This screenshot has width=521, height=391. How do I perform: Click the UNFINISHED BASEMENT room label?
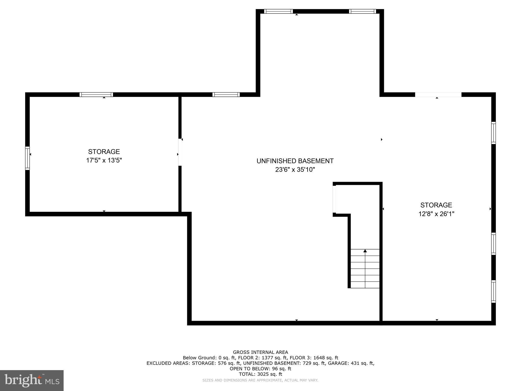pos(295,161)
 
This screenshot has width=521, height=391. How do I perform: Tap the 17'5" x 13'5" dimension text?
pos(104,160)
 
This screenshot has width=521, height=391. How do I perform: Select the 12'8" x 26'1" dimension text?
pos(436,214)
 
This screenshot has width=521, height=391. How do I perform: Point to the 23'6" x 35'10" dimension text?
pos(295,170)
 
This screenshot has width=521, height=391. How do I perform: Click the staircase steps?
pos(365,269)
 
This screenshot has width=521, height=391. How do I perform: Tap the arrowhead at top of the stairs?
pos(365,251)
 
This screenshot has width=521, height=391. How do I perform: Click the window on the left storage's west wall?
pos(27,158)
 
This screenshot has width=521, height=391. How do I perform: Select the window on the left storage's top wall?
pos(96,94)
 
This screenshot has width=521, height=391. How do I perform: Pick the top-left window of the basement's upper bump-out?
pos(278,11)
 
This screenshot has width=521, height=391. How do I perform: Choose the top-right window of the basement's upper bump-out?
pos(363,11)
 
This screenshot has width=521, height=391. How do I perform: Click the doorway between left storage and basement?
pos(180,152)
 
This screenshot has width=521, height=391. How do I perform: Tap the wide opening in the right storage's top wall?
pos(438,94)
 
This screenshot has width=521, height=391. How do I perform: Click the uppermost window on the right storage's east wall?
pos(494,133)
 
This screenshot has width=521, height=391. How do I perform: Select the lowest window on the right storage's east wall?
pos(494,291)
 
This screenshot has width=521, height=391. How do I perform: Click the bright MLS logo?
pos(32,380)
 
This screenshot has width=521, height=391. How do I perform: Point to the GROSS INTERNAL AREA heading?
pos(260,352)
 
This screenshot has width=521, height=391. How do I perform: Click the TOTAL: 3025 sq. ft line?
pos(260,374)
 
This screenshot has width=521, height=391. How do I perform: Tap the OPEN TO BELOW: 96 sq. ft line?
pos(260,369)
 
